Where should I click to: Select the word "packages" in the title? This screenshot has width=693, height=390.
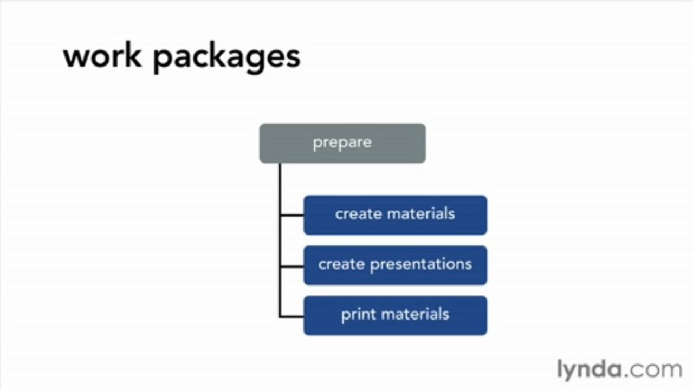(226, 57)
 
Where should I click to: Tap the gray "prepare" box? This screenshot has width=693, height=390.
(342, 143)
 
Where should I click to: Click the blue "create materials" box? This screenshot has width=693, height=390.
(395, 215)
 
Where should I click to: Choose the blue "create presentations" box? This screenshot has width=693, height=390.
(395, 265)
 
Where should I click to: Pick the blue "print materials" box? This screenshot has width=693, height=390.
(395, 315)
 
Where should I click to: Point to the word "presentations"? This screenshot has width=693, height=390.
(421, 265)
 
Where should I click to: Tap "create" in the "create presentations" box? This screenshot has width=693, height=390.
(341, 264)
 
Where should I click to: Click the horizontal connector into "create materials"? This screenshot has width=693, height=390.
(292, 216)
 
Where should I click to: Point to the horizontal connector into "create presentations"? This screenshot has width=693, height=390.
(292, 266)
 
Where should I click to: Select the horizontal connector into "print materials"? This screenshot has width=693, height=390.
(292, 316)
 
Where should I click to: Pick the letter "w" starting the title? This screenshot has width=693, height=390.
(75, 57)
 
